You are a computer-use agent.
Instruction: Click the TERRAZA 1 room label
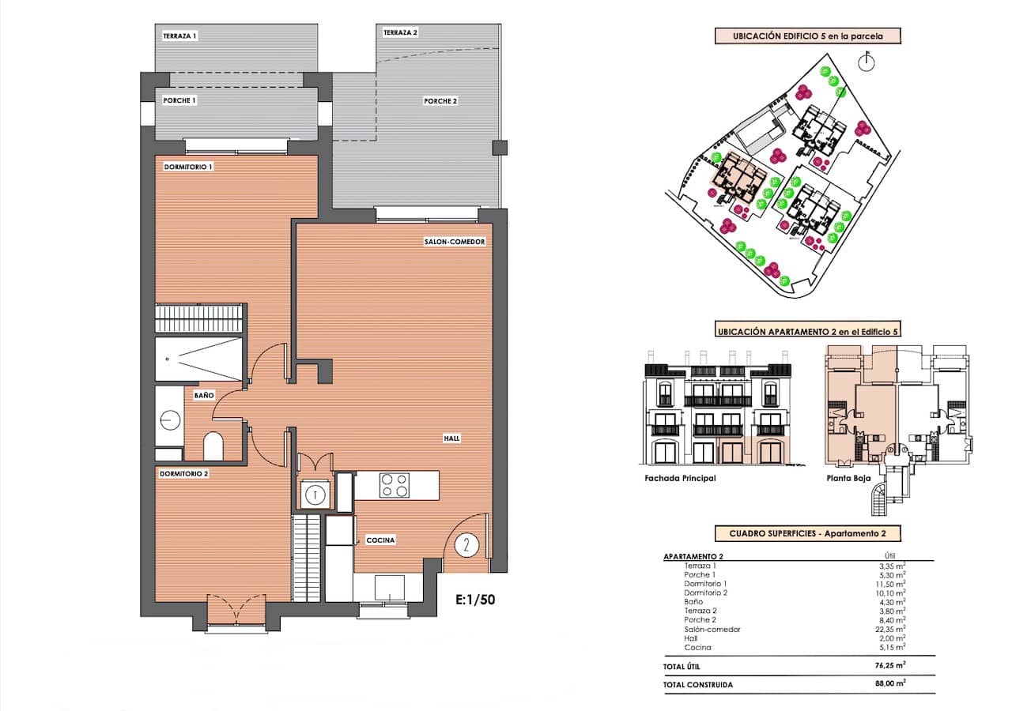[179, 36]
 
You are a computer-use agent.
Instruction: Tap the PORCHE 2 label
[440, 101]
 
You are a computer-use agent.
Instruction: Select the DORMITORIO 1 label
[188, 167]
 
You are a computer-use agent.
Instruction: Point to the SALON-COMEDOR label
[454, 243]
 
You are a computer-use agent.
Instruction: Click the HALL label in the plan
[451, 438]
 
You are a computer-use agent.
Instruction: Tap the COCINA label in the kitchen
[380, 540]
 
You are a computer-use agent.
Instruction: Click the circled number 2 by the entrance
[467, 544]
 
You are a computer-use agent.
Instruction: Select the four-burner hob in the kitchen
[395, 485]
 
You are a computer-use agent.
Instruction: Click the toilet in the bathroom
[213, 447]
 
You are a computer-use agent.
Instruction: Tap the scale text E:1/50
[476, 599]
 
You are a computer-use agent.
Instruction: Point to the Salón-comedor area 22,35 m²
[889, 629]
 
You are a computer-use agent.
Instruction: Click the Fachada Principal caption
[680, 479]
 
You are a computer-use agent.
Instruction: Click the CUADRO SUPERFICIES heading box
[806, 534]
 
